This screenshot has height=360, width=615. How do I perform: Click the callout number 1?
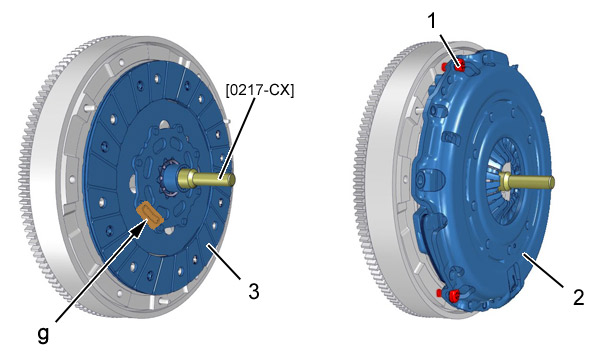pyautogui.click(x=432, y=20)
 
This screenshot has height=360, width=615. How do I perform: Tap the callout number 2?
pyautogui.click(x=579, y=297)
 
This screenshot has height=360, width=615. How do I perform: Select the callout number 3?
pyautogui.click(x=254, y=291)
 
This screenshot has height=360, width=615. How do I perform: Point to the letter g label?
pyautogui.click(x=43, y=335)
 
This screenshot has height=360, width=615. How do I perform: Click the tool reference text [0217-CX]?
pyautogui.click(x=259, y=90)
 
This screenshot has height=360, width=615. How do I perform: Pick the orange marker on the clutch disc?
pyautogui.click(x=149, y=214)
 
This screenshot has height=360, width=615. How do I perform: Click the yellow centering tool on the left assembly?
pyautogui.click(x=206, y=179)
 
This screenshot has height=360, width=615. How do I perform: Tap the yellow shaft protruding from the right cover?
pyautogui.click(x=528, y=182)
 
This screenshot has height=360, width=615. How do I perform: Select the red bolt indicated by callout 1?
pyautogui.click(x=459, y=65)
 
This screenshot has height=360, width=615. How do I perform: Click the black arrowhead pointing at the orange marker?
pyautogui.click(x=139, y=229)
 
